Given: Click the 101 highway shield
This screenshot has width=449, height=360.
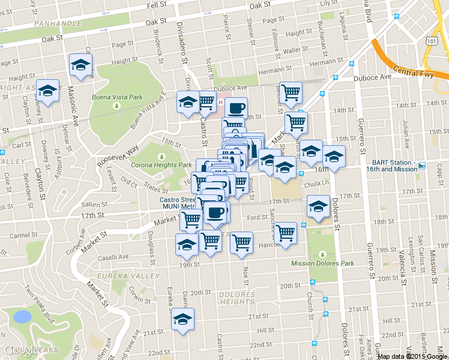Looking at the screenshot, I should (x=414, y=40).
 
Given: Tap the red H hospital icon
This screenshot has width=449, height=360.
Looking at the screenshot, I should (x=220, y=103).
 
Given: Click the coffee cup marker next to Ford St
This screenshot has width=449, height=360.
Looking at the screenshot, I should (x=215, y=212).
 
